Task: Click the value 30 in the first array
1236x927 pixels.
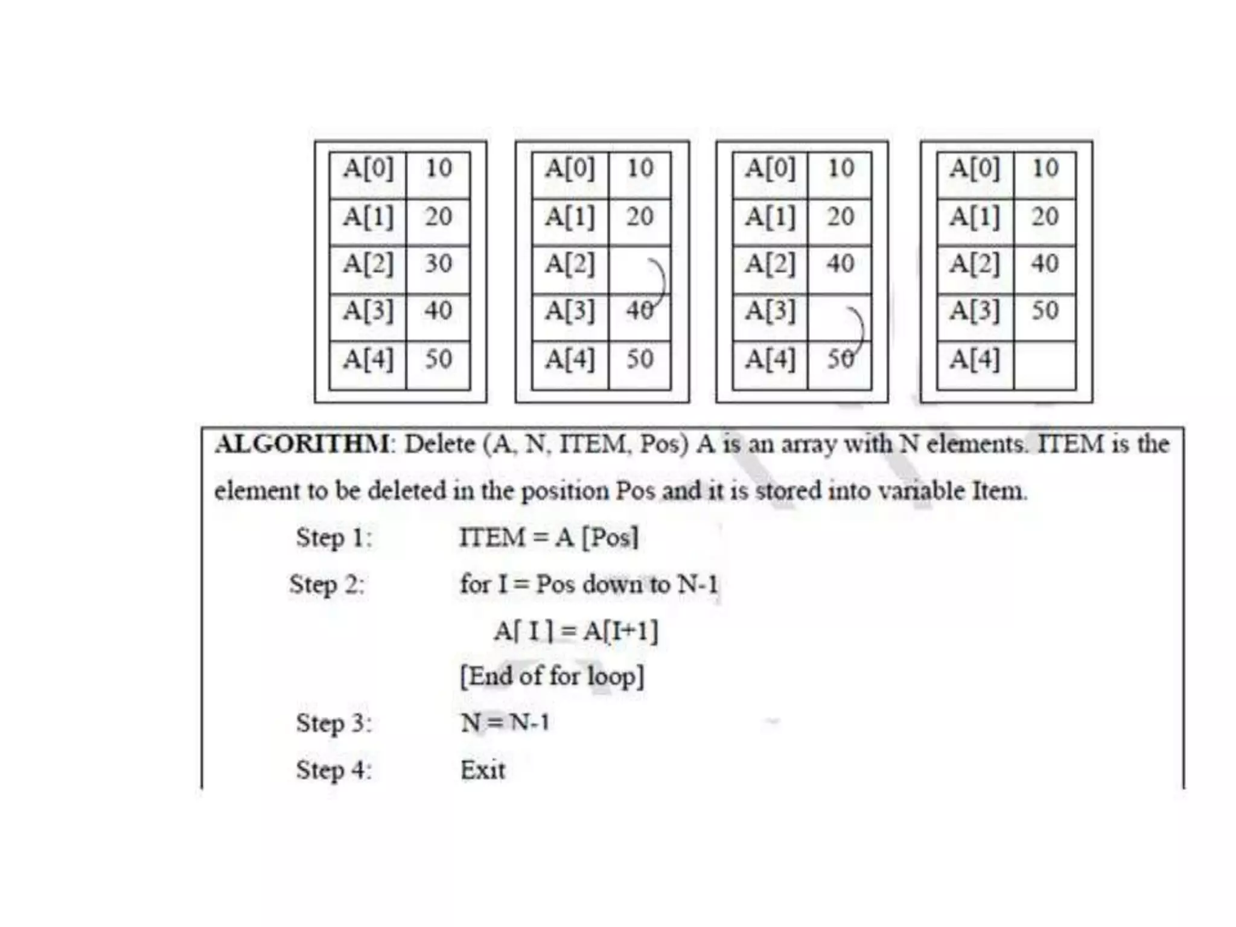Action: click(x=439, y=264)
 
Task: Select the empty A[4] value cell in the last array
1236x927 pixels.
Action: click(x=1045, y=366)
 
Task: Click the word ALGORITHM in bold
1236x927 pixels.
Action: click(x=302, y=445)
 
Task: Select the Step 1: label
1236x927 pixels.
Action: click(x=334, y=537)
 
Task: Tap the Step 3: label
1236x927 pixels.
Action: click(x=334, y=722)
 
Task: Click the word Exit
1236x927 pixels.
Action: click(x=482, y=770)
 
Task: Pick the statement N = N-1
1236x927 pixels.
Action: click(x=505, y=722)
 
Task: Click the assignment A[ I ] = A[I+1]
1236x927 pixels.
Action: click(x=576, y=631)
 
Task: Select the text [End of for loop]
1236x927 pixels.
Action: click(x=552, y=677)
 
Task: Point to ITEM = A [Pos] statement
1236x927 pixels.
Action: click(x=548, y=537)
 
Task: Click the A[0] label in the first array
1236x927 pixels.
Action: click(x=368, y=168)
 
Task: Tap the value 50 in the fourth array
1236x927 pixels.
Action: click(x=1045, y=311)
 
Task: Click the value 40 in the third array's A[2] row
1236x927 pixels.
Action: click(x=841, y=264)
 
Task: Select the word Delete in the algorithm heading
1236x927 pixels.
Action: click(x=439, y=445)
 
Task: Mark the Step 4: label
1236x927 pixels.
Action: click(x=334, y=770)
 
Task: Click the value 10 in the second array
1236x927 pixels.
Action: click(x=640, y=168)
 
